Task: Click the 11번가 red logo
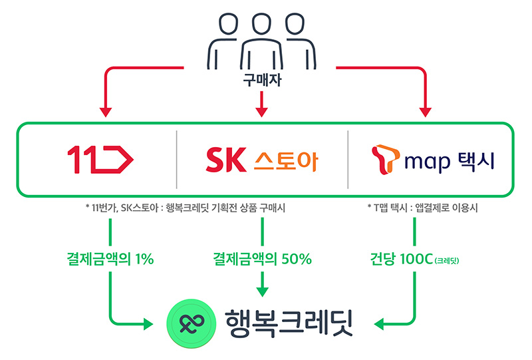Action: point(100,160)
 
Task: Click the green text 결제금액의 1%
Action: point(110,259)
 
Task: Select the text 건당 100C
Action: point(398,259)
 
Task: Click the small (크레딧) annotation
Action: point(446,260)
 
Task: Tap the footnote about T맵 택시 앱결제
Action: point(425,208)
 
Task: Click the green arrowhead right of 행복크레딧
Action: point(380,325)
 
